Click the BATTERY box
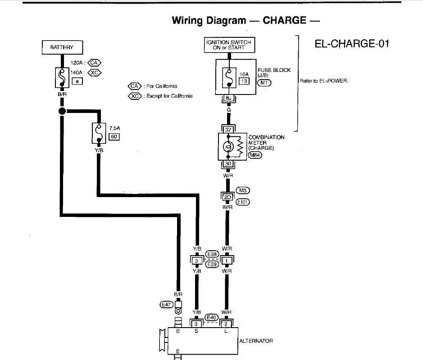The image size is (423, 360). click(62, 47)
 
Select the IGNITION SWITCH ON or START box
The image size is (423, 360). click(228, 45)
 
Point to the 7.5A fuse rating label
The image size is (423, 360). click(114, 127)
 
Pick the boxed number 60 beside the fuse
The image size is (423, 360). click(114, 136)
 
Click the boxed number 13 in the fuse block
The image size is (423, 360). click(244, 81)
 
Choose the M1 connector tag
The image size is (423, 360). click(264, 83)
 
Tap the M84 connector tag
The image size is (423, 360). click(255, 155)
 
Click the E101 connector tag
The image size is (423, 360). click(243, 202)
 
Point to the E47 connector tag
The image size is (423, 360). click(167, 305)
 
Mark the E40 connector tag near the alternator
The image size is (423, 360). click(211, 317)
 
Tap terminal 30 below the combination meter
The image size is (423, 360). click(228, 164)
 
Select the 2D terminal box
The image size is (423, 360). click(227, 197)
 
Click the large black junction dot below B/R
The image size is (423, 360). click(62, 111)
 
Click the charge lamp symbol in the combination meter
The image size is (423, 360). click(228, 147)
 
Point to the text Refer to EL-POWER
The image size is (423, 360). click(323, 81)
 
